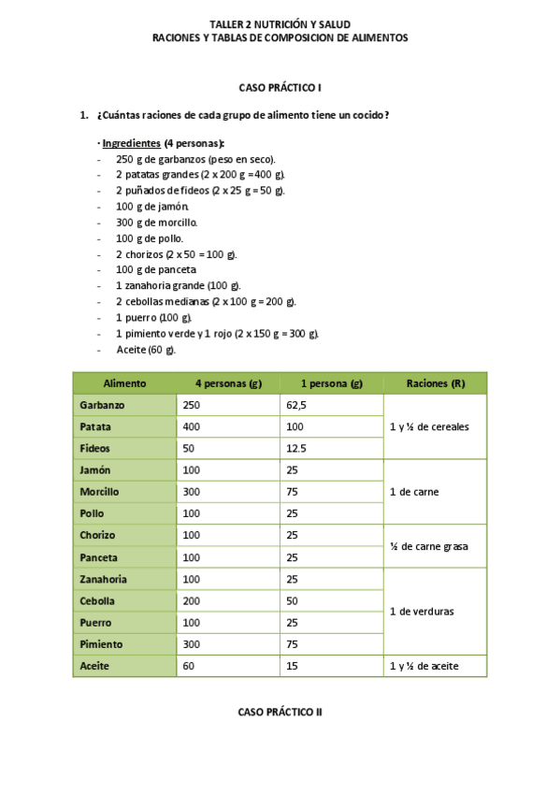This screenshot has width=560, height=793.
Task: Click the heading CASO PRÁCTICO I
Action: (280, 87)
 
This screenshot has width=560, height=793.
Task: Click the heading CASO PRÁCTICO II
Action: (280, 712)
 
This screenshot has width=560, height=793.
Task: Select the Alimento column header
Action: (124, 383)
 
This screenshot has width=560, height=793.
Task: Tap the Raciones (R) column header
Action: (435, 383)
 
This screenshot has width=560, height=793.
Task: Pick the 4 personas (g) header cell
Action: (227, 383)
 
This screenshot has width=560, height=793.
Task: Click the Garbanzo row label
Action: (103, 406)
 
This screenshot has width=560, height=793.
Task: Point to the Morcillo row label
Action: (100, 492)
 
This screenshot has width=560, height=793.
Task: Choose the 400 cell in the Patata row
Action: (192, 427)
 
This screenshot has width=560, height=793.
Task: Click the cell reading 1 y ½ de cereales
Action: (429, 427)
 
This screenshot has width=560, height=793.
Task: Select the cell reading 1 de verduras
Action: (422, 612)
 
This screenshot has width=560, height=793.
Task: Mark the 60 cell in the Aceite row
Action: (189, 666)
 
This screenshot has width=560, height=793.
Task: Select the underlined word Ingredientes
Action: (131, 143)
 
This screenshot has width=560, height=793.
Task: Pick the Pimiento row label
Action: (101, 644)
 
